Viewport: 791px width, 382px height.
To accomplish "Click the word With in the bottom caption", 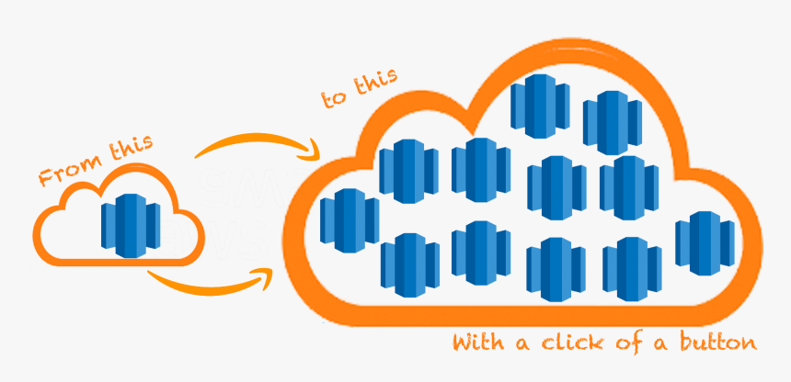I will (x=477, y=343).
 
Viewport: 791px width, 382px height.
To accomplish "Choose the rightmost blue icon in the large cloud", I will (x=704, y=242).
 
